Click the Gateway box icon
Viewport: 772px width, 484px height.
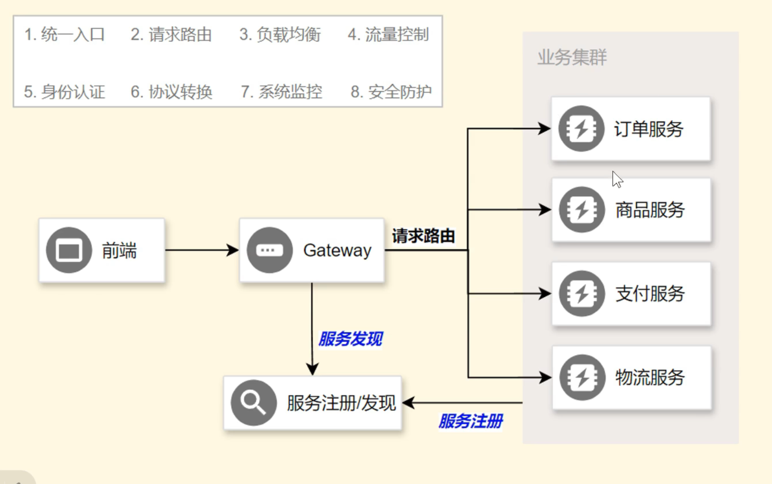coord(269,250)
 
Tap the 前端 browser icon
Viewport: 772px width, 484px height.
coord(69,250)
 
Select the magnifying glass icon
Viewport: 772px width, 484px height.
coord(253,402)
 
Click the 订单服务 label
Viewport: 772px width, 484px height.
coord(648,129)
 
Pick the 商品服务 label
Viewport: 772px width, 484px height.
coord(650,210)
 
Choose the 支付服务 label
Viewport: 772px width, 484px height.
coord(650,294)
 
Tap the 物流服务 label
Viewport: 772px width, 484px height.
coord(650,378)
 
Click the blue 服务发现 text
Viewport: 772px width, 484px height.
coord(350,339)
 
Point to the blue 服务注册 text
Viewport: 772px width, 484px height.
coord(471,421)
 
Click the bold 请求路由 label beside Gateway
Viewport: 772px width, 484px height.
coord(423,236)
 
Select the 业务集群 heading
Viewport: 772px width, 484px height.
coord(572,57)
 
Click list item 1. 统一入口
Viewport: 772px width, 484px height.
coord(64,35)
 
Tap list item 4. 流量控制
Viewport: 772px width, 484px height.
coord(388,35)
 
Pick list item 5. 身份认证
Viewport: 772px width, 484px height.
coord(64,92)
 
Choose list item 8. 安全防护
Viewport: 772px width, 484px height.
coord(391,92)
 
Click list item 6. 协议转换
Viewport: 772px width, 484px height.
coord(171,92)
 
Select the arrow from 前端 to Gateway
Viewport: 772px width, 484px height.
coord(202,250)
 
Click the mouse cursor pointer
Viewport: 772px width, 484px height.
coord(617,179)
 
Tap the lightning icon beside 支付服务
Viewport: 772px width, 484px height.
coord(581,294)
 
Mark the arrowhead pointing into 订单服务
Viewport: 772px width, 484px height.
coord(544,129)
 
